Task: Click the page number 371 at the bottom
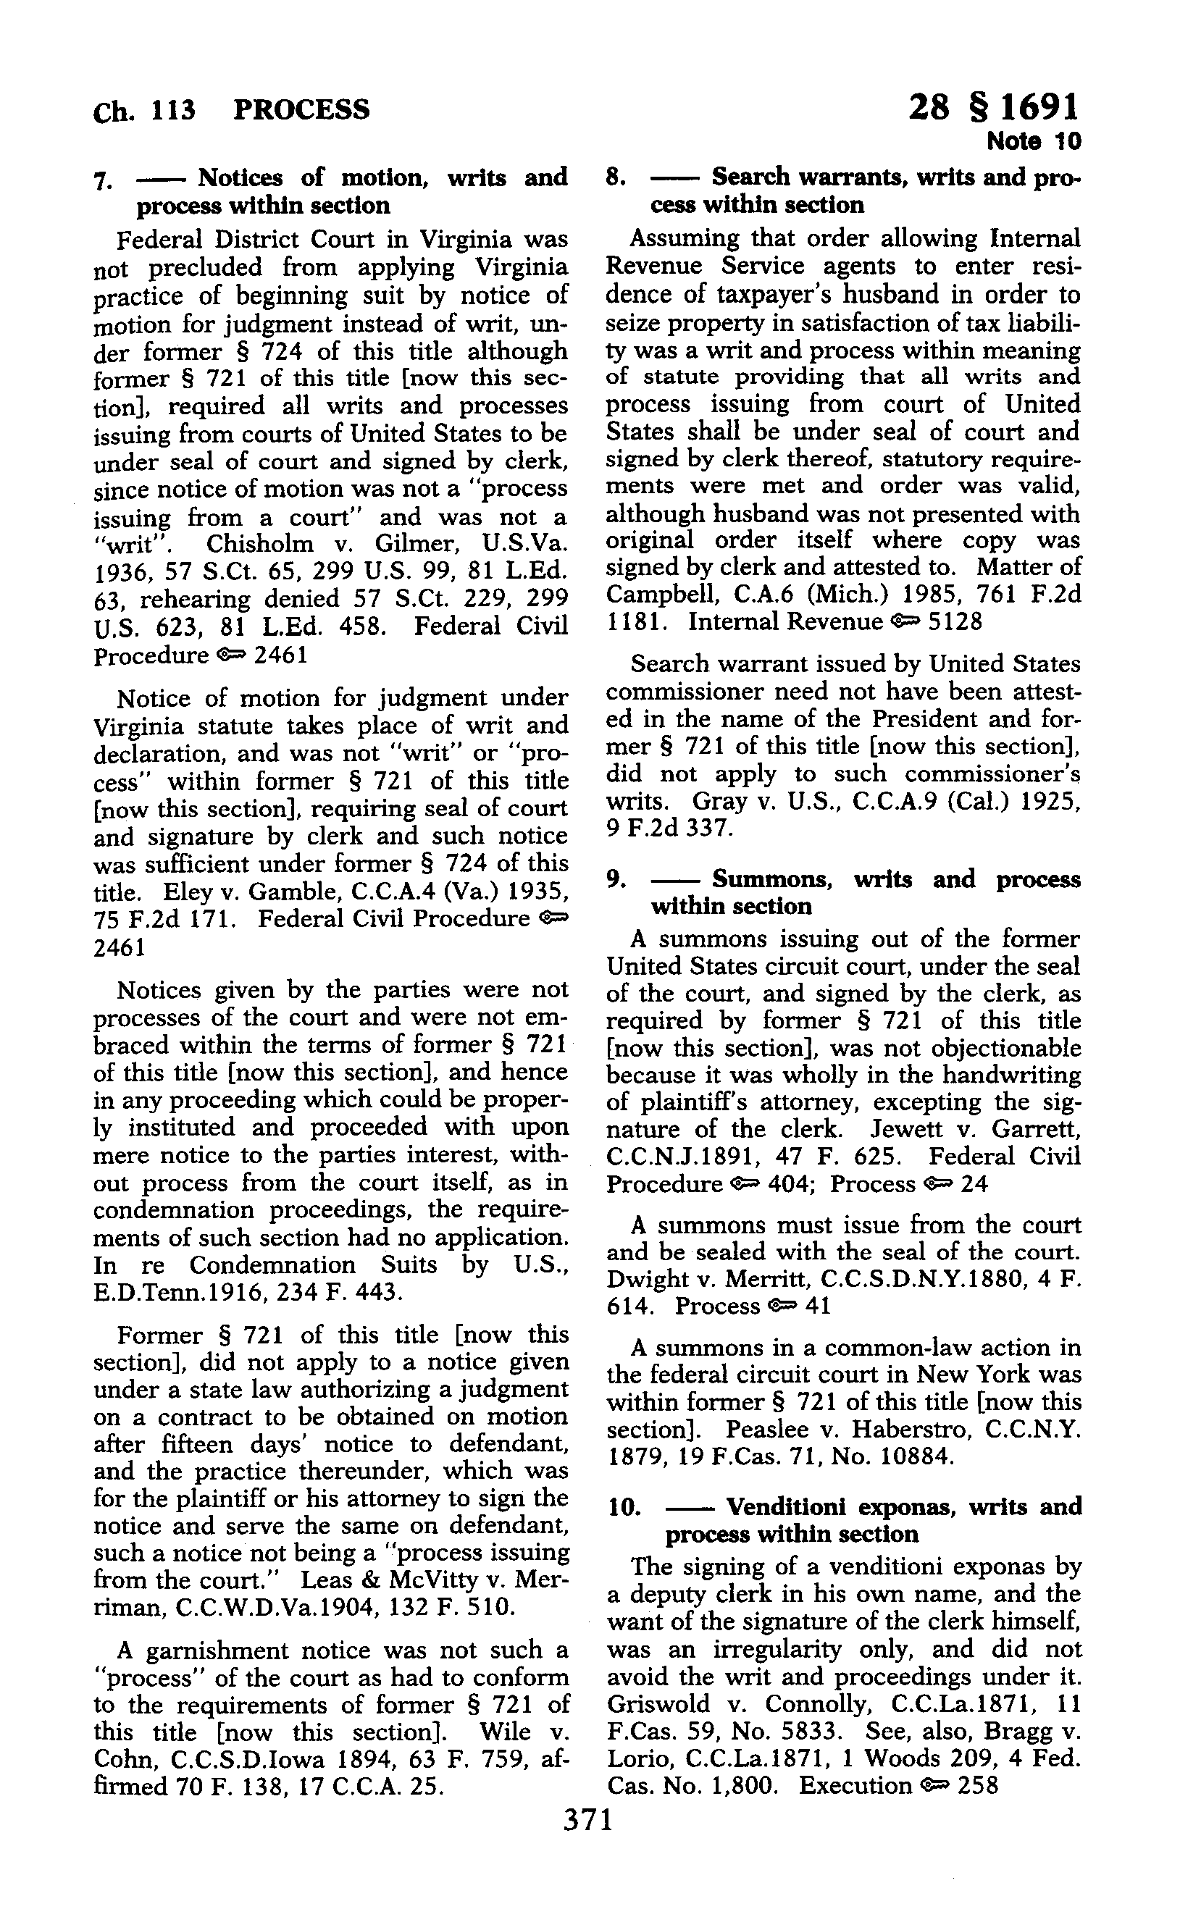(588, 1819)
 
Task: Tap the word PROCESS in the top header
(301, 109)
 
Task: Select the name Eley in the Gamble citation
(183, 891)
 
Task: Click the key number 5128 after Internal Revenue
(955, 622)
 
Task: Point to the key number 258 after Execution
(977, 1786)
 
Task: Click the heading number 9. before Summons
(616, 879)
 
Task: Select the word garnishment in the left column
(239, 1650)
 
